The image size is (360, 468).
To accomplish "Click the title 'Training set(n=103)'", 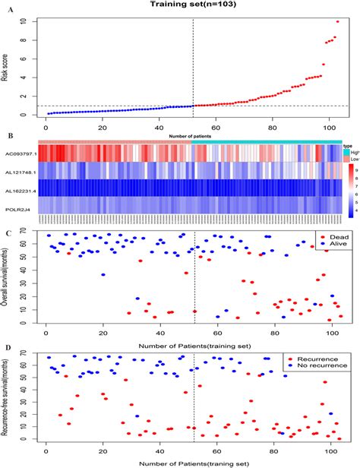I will (180, 5).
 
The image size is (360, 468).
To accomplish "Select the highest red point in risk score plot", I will (337, 21).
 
